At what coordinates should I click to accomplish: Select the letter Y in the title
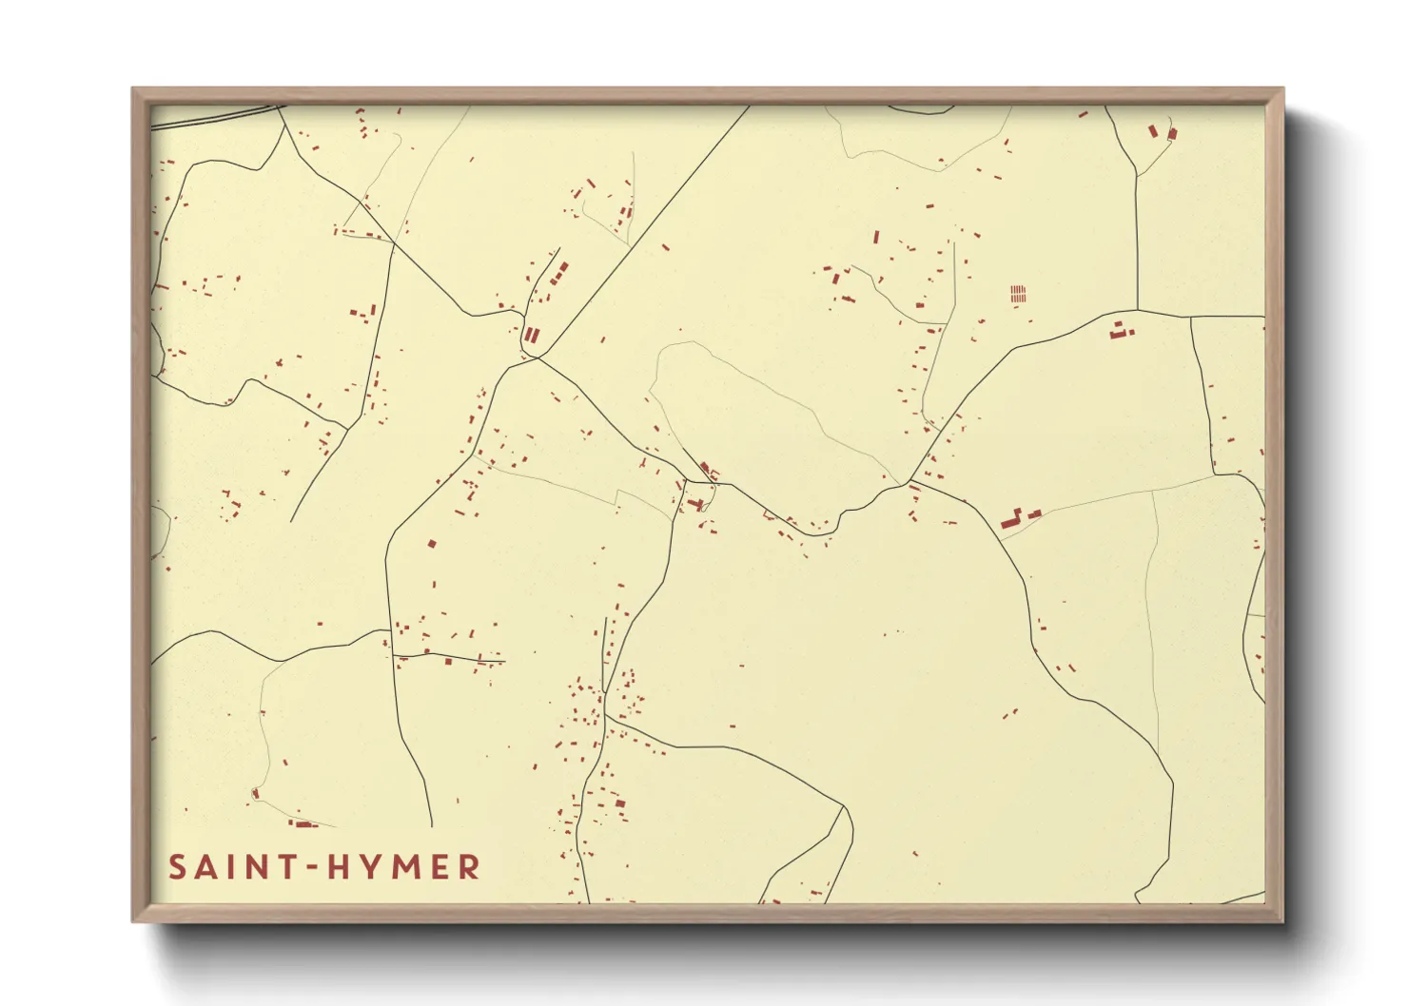click(374, 867)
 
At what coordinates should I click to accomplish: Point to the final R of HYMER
click(468, 867)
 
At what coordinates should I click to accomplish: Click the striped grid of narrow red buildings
click(1019, 293)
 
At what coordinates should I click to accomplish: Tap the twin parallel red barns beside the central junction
click(532, 335)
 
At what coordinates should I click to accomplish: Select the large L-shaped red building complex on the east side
click(1013, 518)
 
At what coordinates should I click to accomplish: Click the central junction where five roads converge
click(537, 358)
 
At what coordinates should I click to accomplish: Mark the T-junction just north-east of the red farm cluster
click(1137, 310)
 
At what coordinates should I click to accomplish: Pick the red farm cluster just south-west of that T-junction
click(1119, 331)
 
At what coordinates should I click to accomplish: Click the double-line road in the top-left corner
click(214, 117)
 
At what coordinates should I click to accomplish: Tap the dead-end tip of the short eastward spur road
click(504, 661)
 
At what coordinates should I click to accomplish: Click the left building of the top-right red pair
click(1153, 130)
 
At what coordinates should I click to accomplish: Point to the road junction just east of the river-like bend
click(911, 483)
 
